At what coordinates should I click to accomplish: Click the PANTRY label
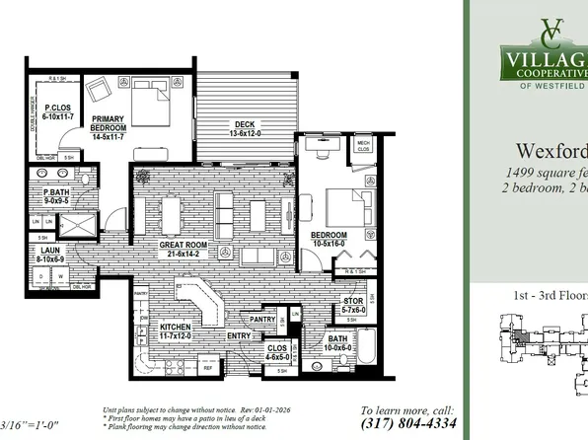click(x=262, y=319)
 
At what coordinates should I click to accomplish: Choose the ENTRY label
click(x=239, y=336)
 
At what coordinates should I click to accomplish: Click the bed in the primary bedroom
click(x=151, y=102)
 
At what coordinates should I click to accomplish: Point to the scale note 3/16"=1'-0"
click(x=30, y=426)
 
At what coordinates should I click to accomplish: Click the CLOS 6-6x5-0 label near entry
click(x=279, y=352)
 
